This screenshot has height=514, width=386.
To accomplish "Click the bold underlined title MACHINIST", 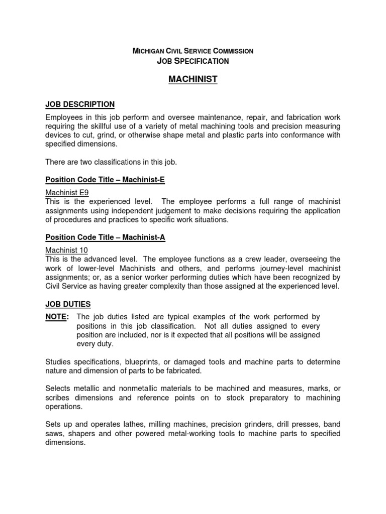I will tap(193, 79).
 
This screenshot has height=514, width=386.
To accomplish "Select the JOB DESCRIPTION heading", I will tap(80, 104).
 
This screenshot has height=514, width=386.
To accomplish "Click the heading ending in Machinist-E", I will tap(105, 179).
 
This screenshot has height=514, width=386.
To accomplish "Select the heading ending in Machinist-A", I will tap(105, 237).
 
